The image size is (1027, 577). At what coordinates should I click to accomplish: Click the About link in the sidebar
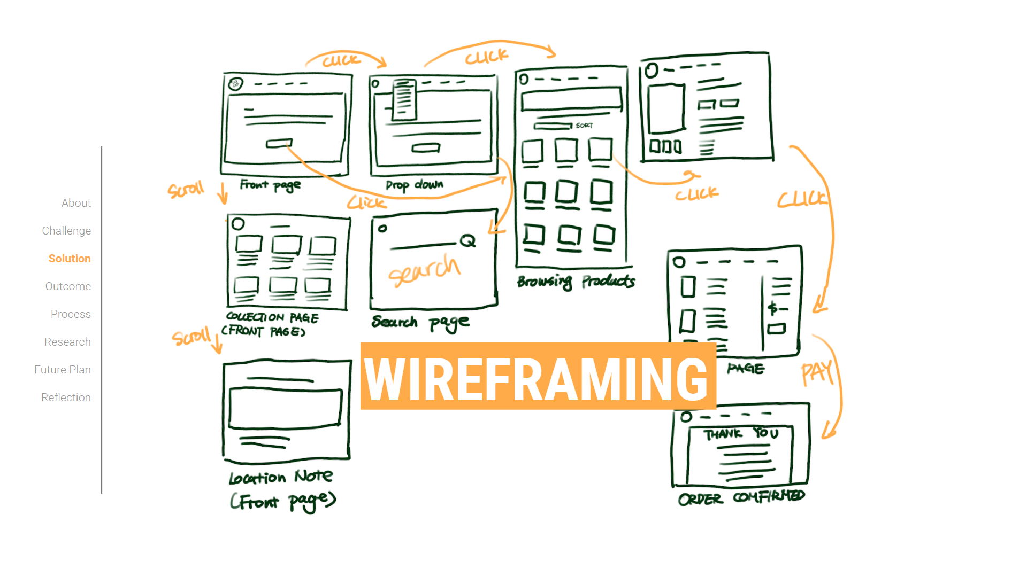click(76, 203)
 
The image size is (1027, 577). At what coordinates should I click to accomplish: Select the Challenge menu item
click(66, 231)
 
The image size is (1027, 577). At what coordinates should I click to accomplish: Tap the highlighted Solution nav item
click(70, 259)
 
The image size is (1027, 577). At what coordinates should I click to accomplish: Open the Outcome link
click(68, 286)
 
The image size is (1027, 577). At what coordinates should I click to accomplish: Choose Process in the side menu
click(71, 314)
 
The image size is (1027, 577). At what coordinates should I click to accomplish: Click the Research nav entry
click(67, 342)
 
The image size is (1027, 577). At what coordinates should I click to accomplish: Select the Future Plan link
click(63, 370)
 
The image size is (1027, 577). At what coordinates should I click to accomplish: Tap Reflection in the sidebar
click(66, 397)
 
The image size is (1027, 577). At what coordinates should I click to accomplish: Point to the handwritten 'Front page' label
click(270, 185)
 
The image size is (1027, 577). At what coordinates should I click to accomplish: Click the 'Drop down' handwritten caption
click(415, 185)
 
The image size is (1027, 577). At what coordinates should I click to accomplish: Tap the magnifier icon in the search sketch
click(467, 241)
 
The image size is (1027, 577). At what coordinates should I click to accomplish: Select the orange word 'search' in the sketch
click(424, 270)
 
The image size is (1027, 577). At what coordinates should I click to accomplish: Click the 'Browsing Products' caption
click(576, 281)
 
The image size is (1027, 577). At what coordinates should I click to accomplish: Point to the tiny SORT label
click(584, 126)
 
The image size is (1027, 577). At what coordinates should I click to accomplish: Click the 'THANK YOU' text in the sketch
click(741, 433)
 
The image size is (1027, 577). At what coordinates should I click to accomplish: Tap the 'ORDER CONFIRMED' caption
click(741, 497)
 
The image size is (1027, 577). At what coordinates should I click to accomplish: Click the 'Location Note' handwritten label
click(281, 477)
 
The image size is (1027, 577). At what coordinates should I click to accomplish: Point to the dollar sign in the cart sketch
click(772, 308)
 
